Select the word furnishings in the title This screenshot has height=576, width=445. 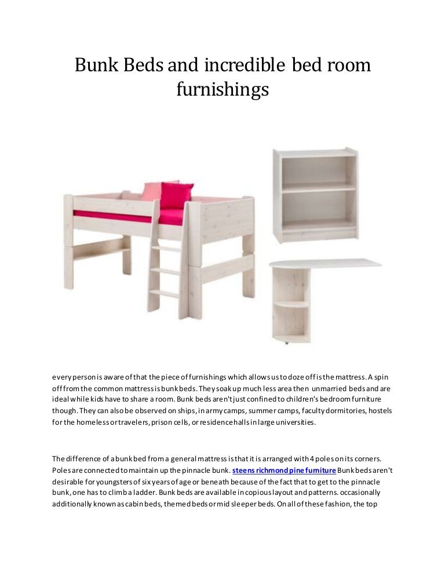(x=222, y=90)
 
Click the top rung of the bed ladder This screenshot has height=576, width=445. (x=166, y=248)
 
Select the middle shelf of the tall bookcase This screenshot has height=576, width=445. (x=319, y=188)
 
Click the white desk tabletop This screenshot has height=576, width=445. (x=324, y=264)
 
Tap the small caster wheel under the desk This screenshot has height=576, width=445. (x=286, y=342)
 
